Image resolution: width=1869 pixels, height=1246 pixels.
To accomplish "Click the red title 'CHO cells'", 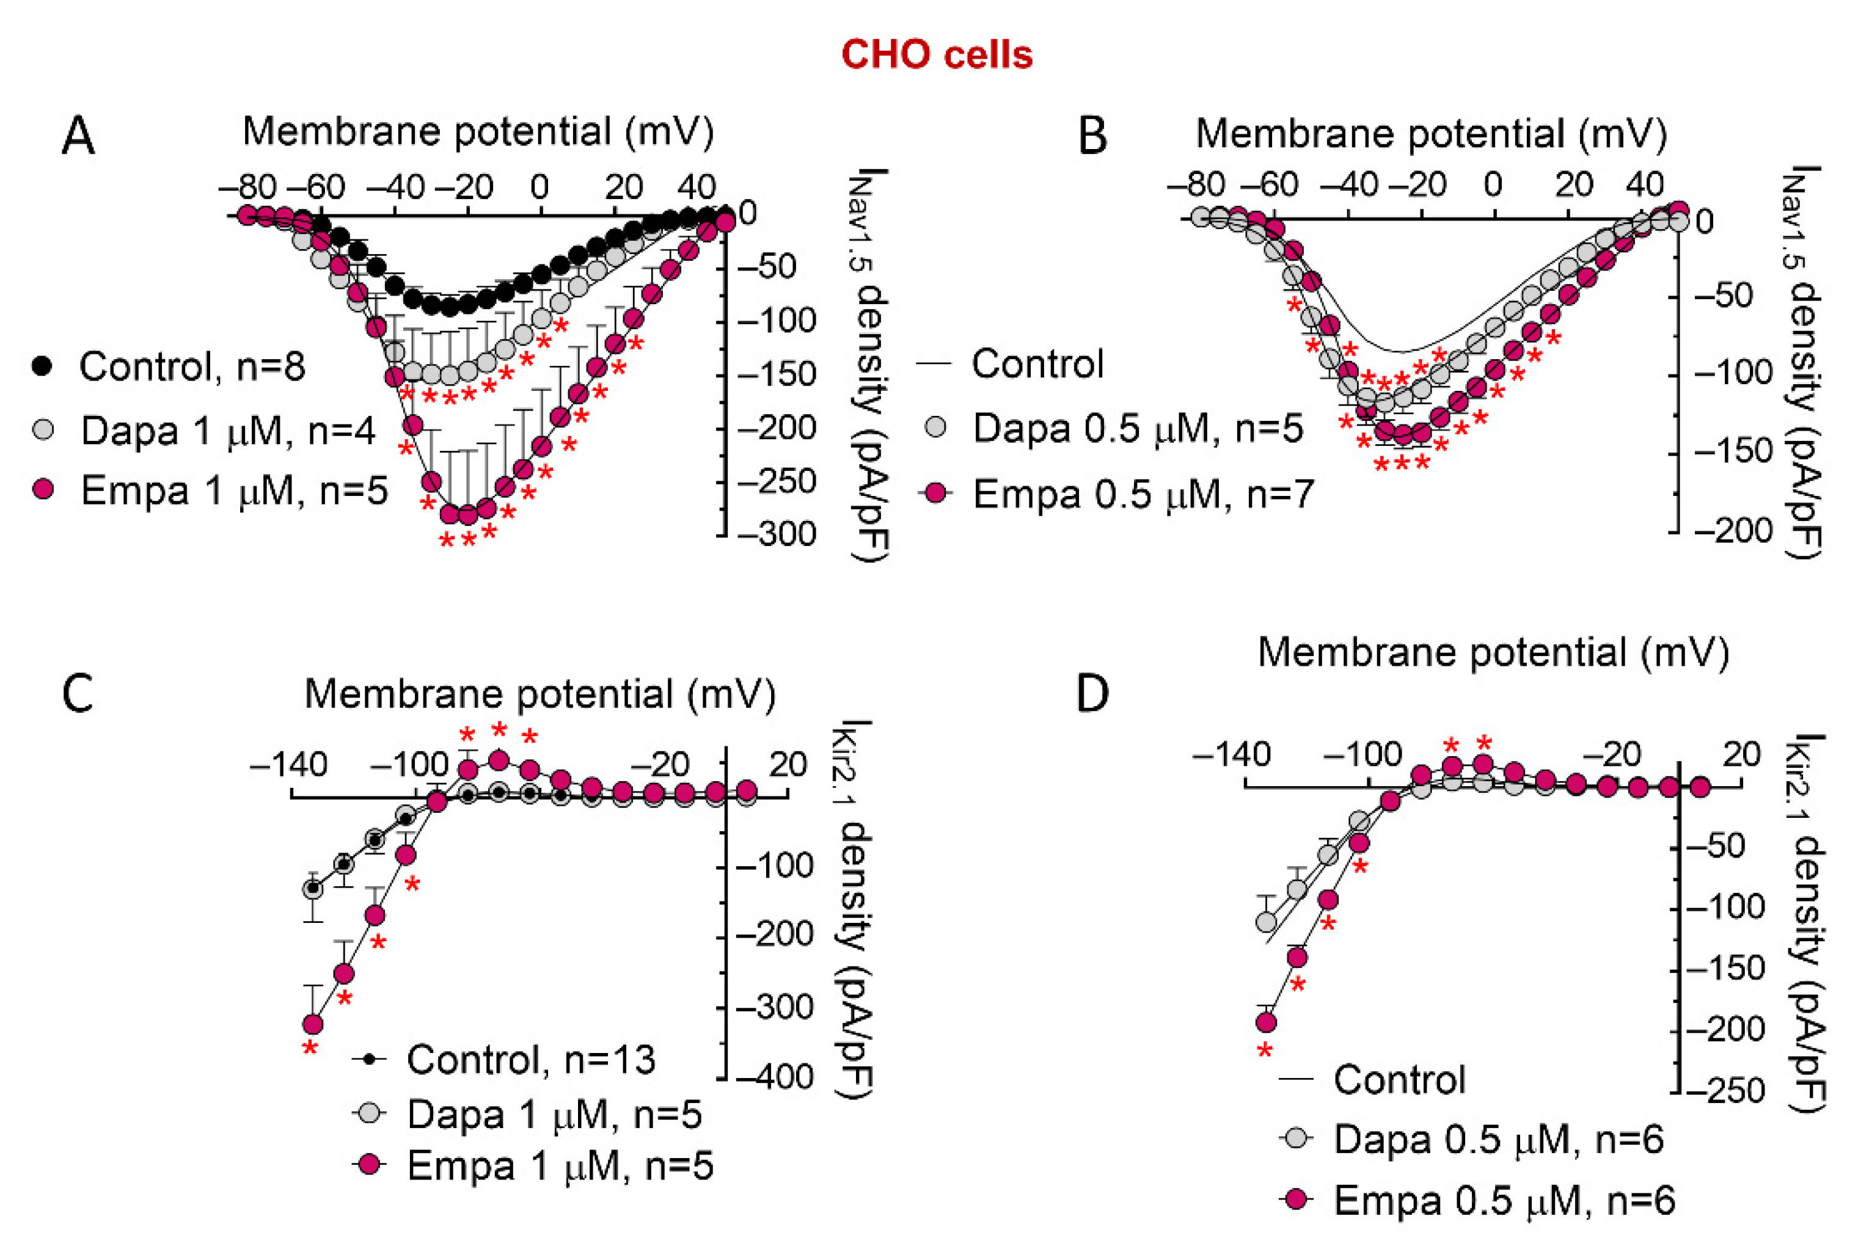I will (x=937, y=56).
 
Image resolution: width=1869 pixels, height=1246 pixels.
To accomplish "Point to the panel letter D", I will (x=1092, y=694).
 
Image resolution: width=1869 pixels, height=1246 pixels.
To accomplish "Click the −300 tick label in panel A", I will (x=777, y=534).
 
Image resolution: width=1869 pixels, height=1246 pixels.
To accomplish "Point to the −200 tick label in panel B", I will (x=1733, y=530).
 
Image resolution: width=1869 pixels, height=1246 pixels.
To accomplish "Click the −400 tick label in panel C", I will (x=775, y=1077).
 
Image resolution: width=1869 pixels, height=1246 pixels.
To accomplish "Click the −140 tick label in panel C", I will (x=288, y=765).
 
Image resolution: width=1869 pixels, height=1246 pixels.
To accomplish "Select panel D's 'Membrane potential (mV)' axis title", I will (x=1493, y=653).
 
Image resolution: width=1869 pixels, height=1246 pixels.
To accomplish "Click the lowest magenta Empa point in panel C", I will (x=313, y=1024).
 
